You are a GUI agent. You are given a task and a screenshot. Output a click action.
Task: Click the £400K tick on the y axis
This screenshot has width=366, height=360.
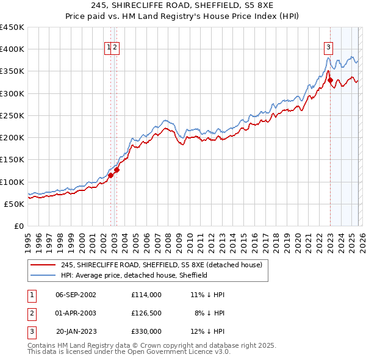tap(12, 49)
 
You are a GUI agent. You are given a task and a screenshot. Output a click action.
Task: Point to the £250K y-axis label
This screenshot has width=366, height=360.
tap(12, 115)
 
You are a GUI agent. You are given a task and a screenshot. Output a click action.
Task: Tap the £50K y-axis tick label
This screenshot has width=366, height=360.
tap(15, 204)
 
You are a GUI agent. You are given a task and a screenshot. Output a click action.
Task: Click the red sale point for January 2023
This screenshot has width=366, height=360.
tap(330, 80)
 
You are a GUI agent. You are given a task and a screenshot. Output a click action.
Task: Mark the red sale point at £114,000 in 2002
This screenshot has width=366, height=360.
tap(110, 176)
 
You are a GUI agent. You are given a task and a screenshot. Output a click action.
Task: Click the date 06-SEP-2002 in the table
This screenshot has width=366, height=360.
tap(76, 294)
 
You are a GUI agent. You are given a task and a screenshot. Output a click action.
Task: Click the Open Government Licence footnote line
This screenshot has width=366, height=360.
tap(129, 352)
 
